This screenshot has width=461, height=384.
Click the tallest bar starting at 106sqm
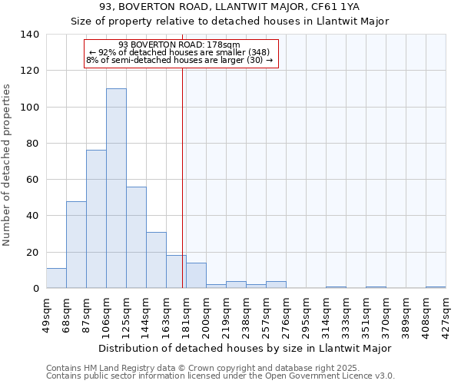[116, 188]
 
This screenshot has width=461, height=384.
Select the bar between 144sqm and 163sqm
[156, 260]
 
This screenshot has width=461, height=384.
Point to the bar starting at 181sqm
[196, 276]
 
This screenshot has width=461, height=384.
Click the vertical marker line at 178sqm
[182, 177]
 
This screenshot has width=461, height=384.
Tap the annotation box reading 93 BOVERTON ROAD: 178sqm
[180, 52]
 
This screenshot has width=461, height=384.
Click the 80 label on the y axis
[33, 144]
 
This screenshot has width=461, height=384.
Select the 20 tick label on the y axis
[33, 253]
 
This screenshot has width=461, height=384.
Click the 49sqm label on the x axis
[46, 313]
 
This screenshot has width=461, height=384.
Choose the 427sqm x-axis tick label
[446, 313]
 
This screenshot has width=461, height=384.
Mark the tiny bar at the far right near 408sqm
[436, 287]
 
